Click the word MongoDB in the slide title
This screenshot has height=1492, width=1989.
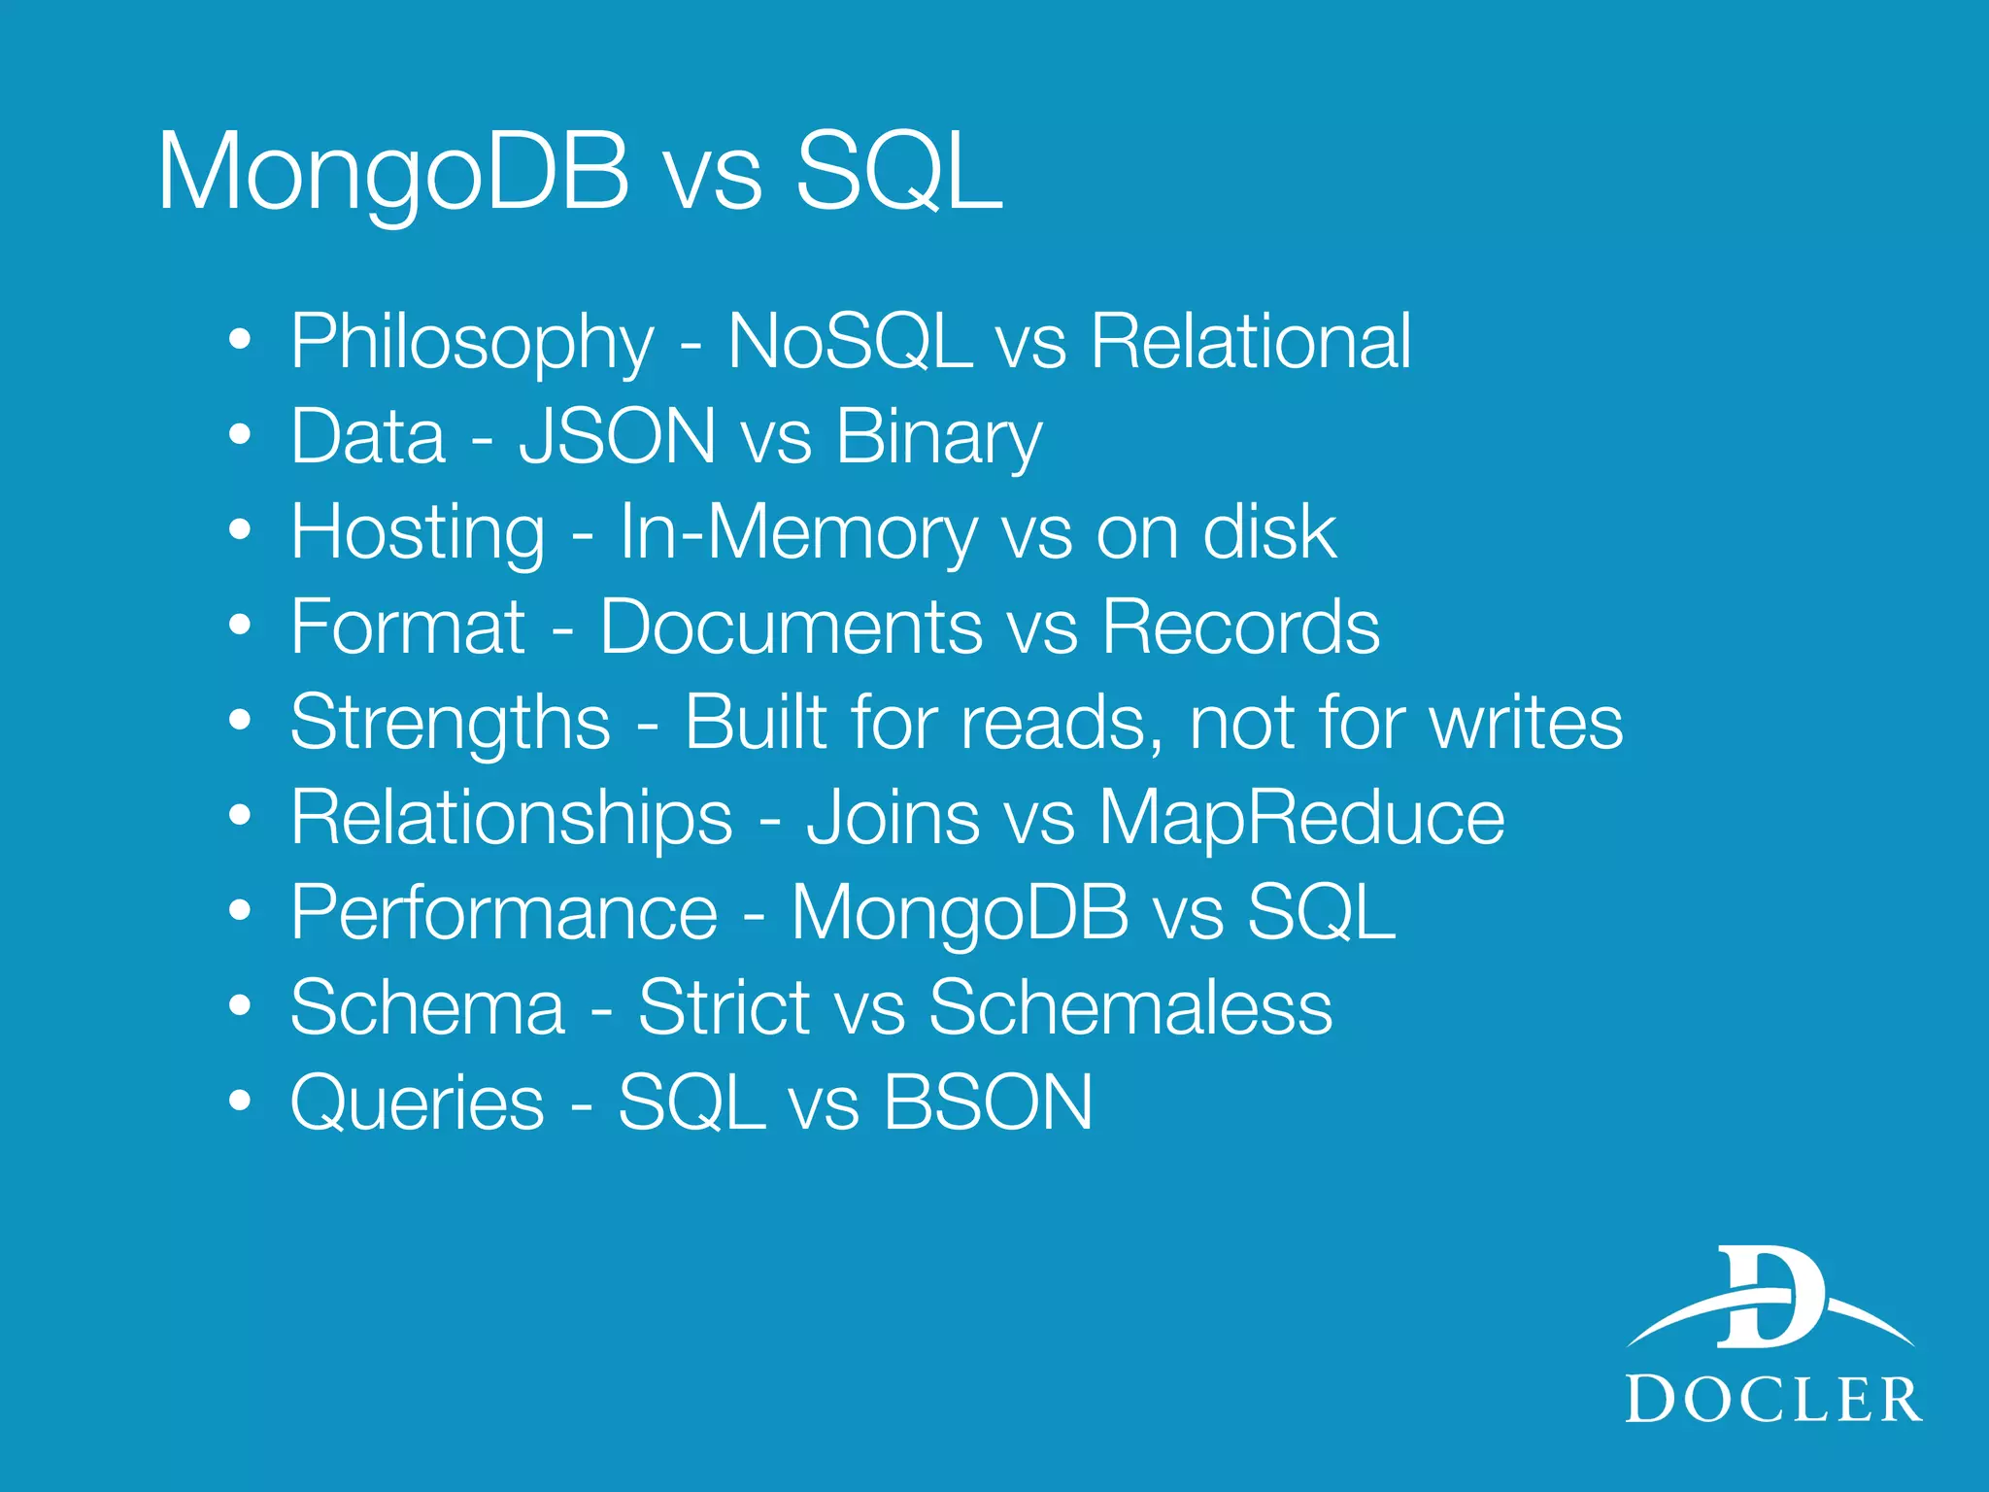(393, 173)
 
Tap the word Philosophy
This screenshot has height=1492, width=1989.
(473, 343)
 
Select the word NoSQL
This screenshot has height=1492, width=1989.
(850, 342)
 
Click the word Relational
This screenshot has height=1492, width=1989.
(1250, 342)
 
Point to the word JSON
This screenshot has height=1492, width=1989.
(618, 437)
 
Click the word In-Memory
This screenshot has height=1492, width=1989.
(798, 533)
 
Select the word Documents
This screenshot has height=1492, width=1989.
(791, 627)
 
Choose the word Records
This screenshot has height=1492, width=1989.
(1240, 627)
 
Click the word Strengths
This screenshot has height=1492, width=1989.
(451, 724)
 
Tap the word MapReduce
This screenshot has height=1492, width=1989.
(1301, 818)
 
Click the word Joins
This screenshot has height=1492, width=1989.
(893, 818)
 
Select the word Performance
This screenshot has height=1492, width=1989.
(504, 913)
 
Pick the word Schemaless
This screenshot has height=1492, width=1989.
(1130, 1008)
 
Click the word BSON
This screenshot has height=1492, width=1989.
(988, 1103)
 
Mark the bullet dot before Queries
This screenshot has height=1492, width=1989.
(240, 1102)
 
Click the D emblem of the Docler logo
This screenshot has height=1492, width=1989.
(1770, 1300)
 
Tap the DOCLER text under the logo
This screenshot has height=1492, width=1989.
(1773, 1400)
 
